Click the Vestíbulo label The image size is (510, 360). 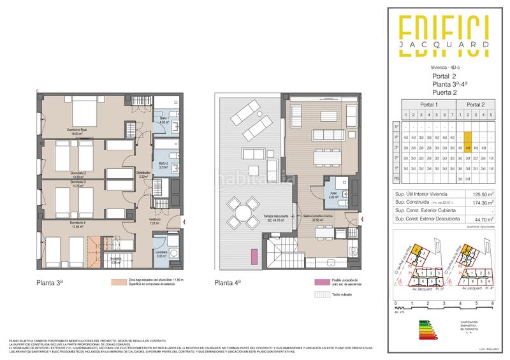[x=155, y=220]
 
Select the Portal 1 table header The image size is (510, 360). [x=428, y=104]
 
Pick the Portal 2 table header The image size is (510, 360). [x=476, y=104]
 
